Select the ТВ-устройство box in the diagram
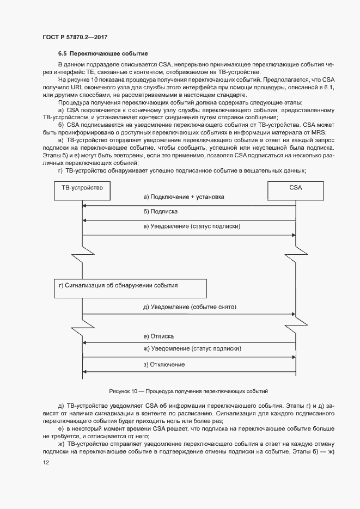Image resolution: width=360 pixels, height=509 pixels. click(82, 188)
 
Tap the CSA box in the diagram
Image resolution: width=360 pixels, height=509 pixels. click(295, 188)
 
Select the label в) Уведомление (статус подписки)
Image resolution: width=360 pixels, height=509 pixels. click(192, 226)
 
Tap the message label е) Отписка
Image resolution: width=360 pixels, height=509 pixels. click(159, 336)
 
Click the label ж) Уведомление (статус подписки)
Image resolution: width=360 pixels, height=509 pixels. click(192, 348)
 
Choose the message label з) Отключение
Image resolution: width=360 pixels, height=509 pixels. click(164, 364)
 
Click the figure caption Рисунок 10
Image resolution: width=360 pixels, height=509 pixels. click(188, 391)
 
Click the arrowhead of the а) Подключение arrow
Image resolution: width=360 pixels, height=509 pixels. click(84, 206)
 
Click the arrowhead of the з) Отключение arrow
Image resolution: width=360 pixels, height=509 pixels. click(84, 372)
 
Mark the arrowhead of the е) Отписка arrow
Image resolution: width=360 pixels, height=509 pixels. click(84, 343)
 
